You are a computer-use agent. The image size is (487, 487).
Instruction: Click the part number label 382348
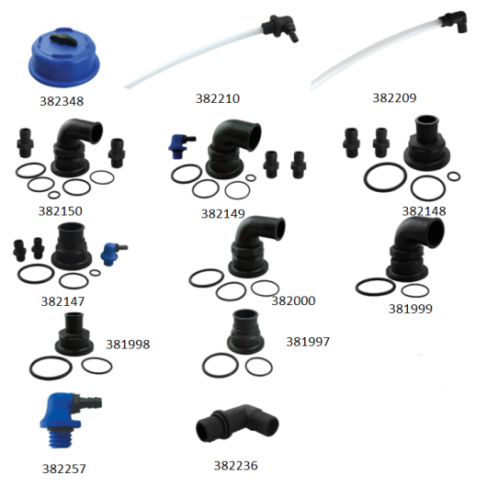(x=62, y=101)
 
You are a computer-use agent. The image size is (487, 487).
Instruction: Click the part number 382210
(x=218, y=98)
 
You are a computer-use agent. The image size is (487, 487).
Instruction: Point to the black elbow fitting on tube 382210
(x=280, y=28)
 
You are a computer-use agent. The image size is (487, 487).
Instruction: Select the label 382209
(x=394, y=97)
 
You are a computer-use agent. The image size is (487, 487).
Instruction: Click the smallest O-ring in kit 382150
(x=54, y=195)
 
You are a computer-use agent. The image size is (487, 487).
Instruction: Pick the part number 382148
(x=424, y=211)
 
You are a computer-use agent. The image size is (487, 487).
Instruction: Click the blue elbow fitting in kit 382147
(x=113, y=253)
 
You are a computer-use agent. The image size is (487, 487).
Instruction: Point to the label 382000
(x=293, y=300)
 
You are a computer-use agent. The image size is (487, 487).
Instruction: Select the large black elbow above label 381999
(x=415, y=248)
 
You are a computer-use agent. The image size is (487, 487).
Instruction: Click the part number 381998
(x=128, y=345)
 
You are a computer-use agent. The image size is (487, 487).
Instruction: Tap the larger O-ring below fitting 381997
(x=221, y=365)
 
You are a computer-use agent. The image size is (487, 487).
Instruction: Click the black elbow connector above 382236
(x=237, y=424)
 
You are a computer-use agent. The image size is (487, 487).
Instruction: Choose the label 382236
(x=235, y=465)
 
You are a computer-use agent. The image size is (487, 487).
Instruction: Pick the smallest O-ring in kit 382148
(x=454, y=176)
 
